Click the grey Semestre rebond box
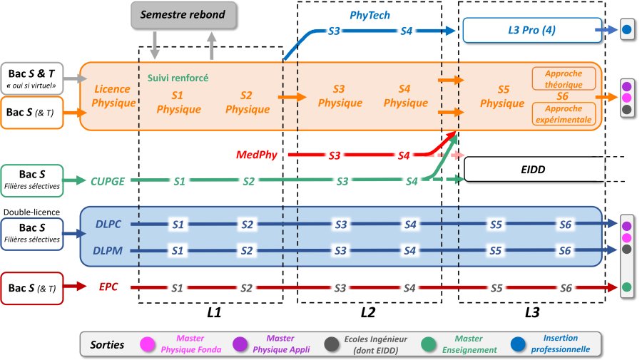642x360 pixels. pyautogui.click(x=183, y=15)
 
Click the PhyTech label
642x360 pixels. pyautogui.click(x=370, y=14)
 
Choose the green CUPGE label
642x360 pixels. pyautogui.click(x=108, y=181)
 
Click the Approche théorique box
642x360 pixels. pyautogui.click(x=563, y=78)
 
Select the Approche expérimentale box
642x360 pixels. pyautogui.click(x=563, y=114)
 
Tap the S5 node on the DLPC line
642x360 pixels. pyautogui.click(x=497, y=225)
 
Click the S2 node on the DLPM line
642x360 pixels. pyautogui.click(x=247, y=251)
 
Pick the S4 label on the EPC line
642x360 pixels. pyautogui.click(x=409, y=288)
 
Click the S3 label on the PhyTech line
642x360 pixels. pyautogui.click(x=335, y=31)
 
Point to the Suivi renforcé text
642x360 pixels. pyautogui.click(x=178, y=78)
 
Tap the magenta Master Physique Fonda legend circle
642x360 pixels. pyautogui.click(x=148, y=344)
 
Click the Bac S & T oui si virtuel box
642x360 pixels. pyautogui.click(x=32, y=78)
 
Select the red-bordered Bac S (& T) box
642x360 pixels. pyautogui.click(x=32, y=288)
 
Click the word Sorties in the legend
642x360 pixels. pyautogui.click(x=107, y=344)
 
